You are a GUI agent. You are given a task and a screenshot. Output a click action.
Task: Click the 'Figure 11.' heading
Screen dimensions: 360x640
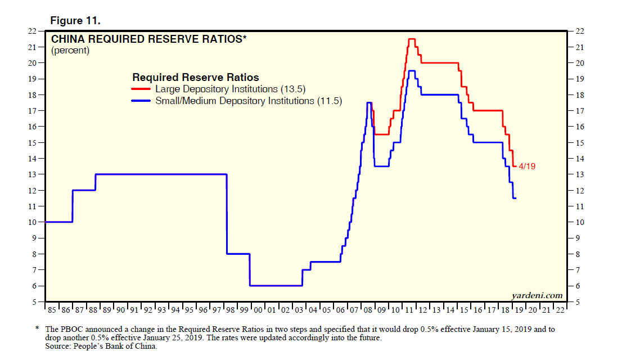point(75,20)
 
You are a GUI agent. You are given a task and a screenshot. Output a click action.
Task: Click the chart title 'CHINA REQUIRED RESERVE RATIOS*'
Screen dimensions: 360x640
point(149,39)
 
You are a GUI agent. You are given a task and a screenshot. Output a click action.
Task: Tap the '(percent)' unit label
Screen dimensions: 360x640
point(70,51)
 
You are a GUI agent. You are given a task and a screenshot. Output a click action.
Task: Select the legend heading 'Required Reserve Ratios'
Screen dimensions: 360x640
point(195,78)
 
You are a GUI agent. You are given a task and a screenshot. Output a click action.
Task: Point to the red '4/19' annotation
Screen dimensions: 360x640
point(526,166)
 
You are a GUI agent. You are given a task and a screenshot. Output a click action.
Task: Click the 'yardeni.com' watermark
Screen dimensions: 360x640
point(537,295)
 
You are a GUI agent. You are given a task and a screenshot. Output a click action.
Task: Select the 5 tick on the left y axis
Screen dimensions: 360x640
point(35,303)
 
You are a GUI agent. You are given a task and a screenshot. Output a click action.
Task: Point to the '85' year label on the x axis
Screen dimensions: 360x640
point(51,309)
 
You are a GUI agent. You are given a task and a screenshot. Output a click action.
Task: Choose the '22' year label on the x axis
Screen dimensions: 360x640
point(560,309)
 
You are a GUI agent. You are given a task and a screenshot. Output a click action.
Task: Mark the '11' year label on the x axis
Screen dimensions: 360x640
point(408,309)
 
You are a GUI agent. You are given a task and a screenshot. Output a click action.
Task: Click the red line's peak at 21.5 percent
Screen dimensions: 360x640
point(411,39)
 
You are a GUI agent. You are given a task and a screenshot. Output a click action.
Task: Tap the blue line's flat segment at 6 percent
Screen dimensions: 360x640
point(276,286)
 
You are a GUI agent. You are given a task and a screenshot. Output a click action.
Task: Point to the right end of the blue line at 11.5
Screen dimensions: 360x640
point(516,198)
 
